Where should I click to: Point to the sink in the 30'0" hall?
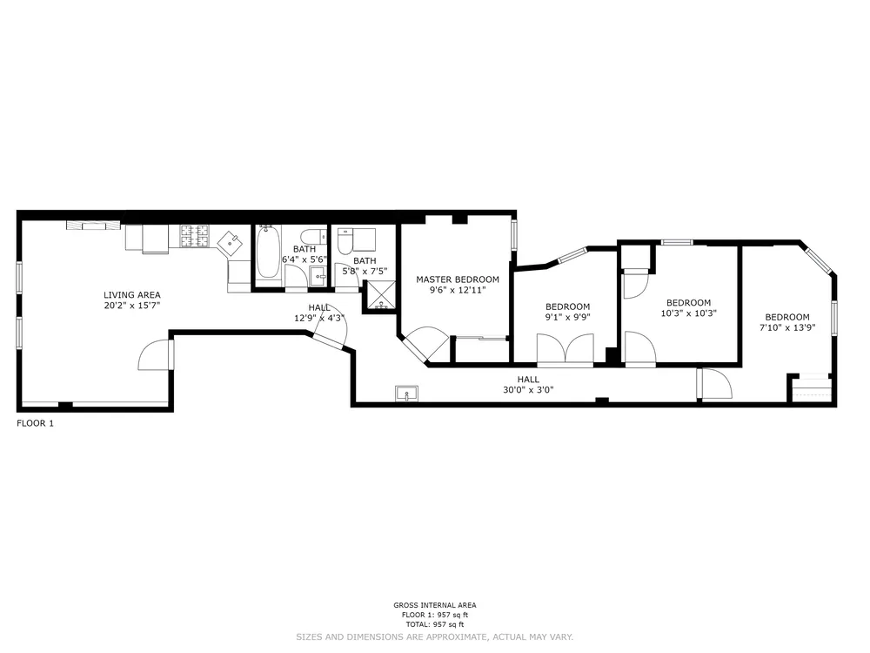(x=406, y=394)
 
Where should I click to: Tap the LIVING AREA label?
(x=132, y=295)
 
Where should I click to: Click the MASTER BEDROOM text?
(x=458, y=279)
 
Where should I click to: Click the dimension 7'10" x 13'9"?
(x=787, y=328)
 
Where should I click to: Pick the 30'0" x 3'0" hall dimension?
(x=528, y=390)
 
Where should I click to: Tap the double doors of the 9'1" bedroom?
(x=565, y=349)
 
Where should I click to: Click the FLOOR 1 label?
(x=36, y=424)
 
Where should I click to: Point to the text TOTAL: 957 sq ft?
(x=435, y=624)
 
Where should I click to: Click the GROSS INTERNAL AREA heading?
(x=435, y=605)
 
